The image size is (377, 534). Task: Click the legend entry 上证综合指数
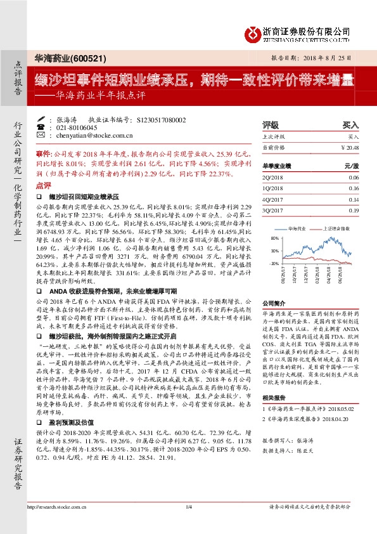[333, 227]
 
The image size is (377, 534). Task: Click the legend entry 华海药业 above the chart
[297, 227]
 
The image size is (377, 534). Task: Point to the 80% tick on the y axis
[274, 239]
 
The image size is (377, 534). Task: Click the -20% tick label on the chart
[274, 262]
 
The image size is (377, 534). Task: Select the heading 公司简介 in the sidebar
[274, 303]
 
